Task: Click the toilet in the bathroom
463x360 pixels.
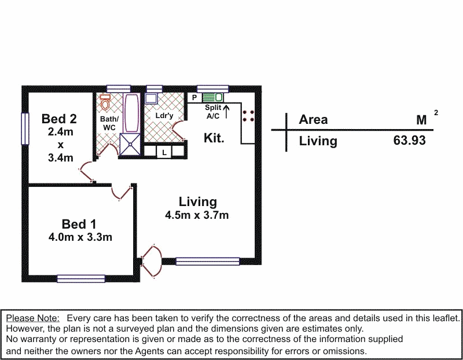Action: point(105,103)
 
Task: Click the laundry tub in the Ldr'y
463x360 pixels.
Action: point(154,98)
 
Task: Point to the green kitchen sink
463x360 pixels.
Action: point(215,97)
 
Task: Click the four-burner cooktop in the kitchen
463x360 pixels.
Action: point(249,116)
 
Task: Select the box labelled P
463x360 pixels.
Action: point(194,98)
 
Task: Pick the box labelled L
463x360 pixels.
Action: point(164,152)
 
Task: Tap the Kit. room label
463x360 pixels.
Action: point(214,138)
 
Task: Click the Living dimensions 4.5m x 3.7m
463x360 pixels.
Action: point(197,216)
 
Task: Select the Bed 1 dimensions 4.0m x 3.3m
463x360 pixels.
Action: point(80,237)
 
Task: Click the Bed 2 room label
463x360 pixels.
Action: point(59,119)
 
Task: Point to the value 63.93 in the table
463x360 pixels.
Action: point(409,141)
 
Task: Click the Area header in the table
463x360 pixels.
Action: point(313,120)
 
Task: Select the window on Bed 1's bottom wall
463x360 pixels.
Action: point(80,278)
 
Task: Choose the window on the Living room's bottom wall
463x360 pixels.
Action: point(207,261)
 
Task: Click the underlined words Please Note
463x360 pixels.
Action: point(32,318)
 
